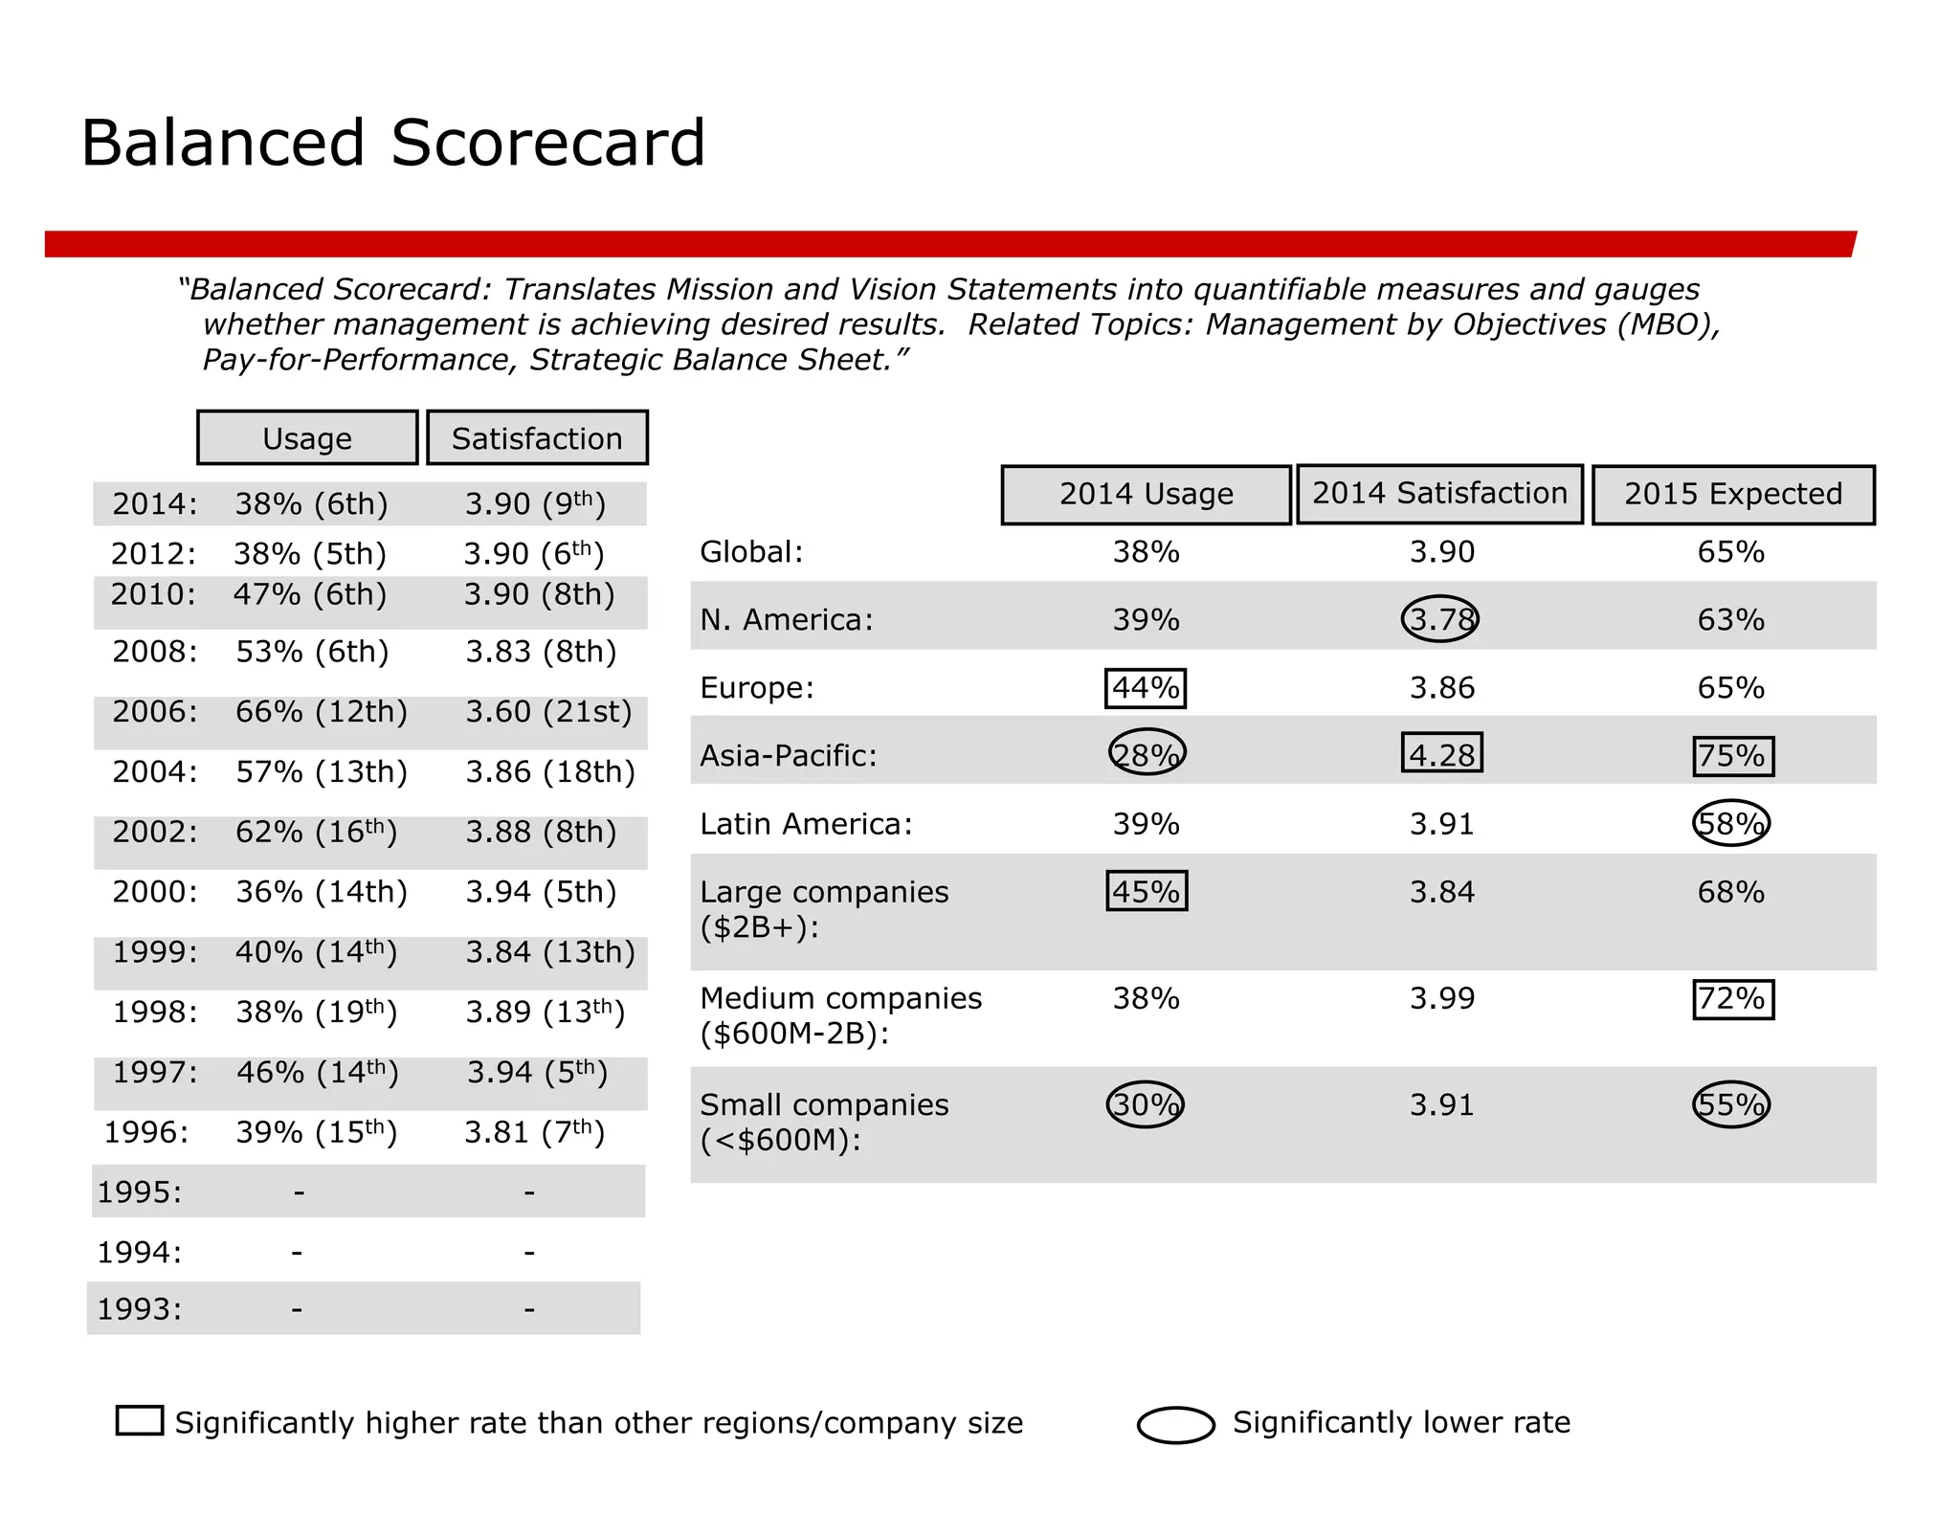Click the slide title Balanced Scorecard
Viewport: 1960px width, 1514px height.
pos(392,144)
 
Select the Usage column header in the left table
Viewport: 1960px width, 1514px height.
pos(307,438)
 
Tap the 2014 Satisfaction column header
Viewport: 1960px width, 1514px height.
pos(1439,494)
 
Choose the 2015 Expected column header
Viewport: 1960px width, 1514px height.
pos(1733,495)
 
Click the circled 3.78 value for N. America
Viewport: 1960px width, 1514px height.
pos(1440,619)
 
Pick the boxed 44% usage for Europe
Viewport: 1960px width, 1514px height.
pos(1146,688)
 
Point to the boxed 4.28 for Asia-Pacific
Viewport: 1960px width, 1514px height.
pos(1442,754)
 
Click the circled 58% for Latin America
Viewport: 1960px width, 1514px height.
pos(1731,823)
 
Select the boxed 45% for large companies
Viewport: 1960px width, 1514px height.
pos(1147,891)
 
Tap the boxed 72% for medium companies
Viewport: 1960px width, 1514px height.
pos(1733,999)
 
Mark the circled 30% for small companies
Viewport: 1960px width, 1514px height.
pos(1146,1104)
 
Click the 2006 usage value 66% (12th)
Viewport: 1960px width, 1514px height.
pos(322,712)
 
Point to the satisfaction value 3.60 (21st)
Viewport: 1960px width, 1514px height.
pos(548,712)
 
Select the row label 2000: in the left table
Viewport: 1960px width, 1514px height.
pos(155,892)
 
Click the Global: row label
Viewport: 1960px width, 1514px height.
pos(751,552)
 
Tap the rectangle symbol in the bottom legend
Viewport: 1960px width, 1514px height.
pos(140,1420)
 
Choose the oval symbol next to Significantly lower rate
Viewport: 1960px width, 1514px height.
pos(1176,1424)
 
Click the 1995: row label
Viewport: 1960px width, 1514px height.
pos(140,1192)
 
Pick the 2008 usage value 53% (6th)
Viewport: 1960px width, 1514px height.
pos(312,652)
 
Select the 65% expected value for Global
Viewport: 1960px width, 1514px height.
pos(1731,552)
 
